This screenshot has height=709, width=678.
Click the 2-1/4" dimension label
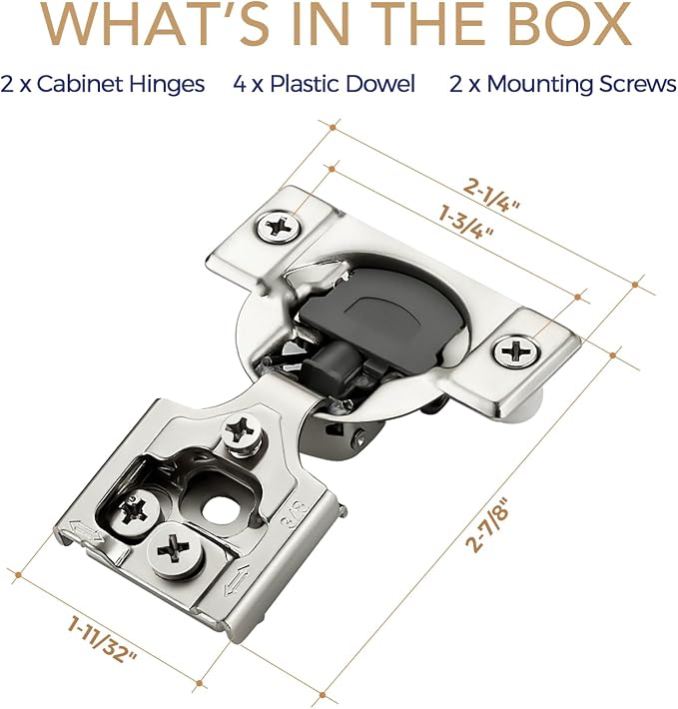(x=491, y=196)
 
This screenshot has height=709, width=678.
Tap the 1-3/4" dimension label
(x=465, y=222)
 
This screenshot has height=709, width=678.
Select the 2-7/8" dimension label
(x=486, y=524)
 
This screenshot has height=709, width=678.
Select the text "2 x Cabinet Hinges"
(x=103, y=84)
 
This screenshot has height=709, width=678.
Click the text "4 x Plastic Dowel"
(x=325, y=84)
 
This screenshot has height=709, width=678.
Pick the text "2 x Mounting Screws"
(x=563, y=84)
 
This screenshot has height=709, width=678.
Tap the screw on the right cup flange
(x=516, y=351)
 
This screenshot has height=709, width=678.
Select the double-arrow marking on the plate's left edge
(x=86, y=531)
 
